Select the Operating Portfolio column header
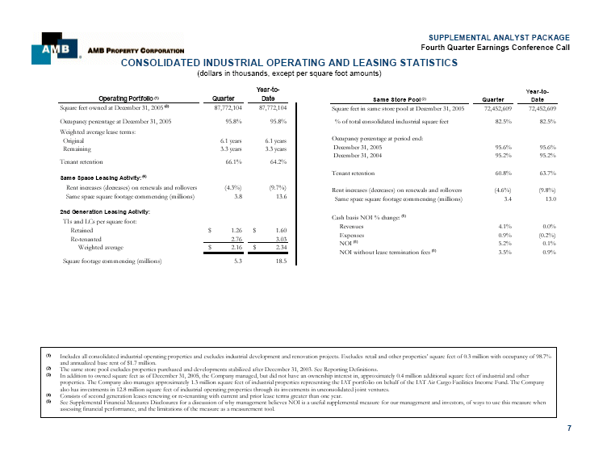(129, 98)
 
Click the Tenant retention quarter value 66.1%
(232, 161)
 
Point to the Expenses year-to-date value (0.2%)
(546, 236)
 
